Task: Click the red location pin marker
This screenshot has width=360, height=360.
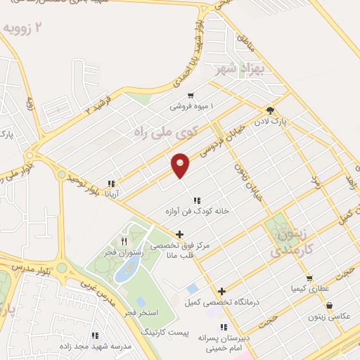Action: coord(181,165)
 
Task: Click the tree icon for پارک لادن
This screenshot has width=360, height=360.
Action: coord(270,110)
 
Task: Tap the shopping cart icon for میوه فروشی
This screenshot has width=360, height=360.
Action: coord(190,96)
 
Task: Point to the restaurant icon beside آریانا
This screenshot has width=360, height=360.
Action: coord(111,182)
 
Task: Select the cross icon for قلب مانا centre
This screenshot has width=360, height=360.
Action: coord(181,234)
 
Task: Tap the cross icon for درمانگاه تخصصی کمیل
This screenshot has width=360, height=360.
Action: coord(222,291)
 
